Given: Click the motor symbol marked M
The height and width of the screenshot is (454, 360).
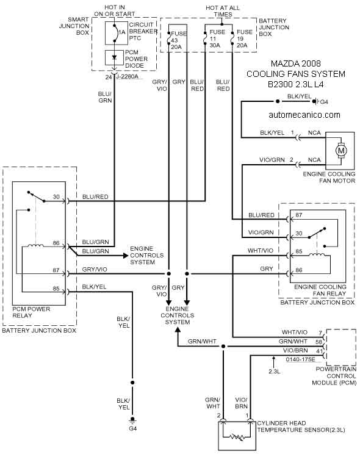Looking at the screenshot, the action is point(341,150).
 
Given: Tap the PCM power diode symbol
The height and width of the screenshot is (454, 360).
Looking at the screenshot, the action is point(114,58).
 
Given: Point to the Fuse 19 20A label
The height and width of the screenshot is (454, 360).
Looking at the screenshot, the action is point(245,38).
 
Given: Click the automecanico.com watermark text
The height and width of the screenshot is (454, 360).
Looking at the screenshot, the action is point(304,115).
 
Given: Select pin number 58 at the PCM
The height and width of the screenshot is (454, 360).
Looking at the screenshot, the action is point(319,342).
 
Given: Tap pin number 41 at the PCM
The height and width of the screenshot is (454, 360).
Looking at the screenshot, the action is point(319,351).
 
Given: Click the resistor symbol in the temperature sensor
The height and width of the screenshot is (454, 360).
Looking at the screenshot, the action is point(237,436).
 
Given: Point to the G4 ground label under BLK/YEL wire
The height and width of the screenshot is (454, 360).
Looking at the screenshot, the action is point(132,428).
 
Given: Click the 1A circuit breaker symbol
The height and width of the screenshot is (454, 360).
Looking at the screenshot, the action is point(117,33).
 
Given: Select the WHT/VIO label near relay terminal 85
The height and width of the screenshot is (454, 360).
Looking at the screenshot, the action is point(261,250).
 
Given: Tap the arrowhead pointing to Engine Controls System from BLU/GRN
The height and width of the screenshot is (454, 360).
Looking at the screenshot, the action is point(126,256).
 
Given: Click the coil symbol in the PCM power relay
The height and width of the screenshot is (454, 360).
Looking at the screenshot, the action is point(35,246).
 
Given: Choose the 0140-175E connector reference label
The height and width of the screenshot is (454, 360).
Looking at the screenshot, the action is point(300,359).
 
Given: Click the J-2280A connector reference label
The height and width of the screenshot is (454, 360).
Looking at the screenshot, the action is point(127,77).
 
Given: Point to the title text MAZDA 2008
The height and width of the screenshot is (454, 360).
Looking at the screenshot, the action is point(296,63).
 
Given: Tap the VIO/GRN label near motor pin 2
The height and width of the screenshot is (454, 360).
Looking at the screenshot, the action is point(272,159).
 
